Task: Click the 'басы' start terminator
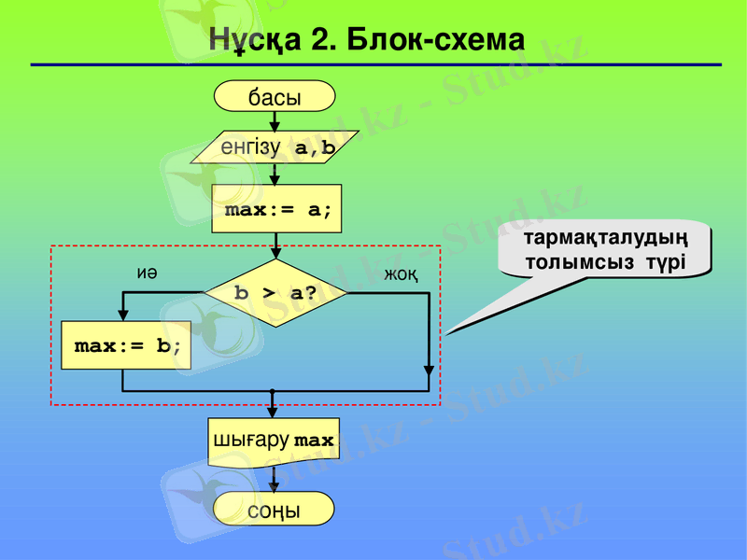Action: pyautogui.click(x=275, y=96)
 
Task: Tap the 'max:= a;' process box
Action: pyautogui.click(x=275, y=209)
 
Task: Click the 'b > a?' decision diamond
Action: pyautogui.click(x=275, y=293)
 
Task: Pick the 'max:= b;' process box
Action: pyautogui.click(x=126, y=345)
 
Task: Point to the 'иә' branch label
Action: pyautogui.click(x=147, y=273)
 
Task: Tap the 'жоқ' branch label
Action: pyautogui.click(x=401, y=274)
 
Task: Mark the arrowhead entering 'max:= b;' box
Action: pyautogui.click(x=123, y=315)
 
